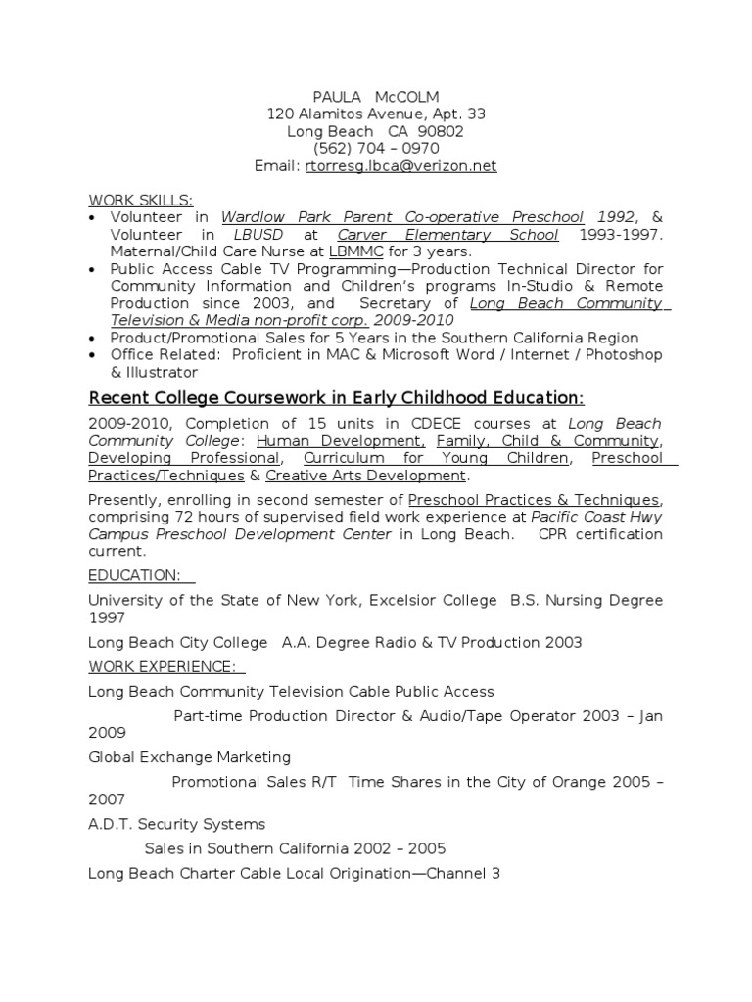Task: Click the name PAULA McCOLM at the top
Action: [x=376, y=97]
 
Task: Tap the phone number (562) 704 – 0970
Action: [x=376, y=149]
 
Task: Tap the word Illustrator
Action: [x=161, y=372]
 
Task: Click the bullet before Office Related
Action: [x=93, y=354]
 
